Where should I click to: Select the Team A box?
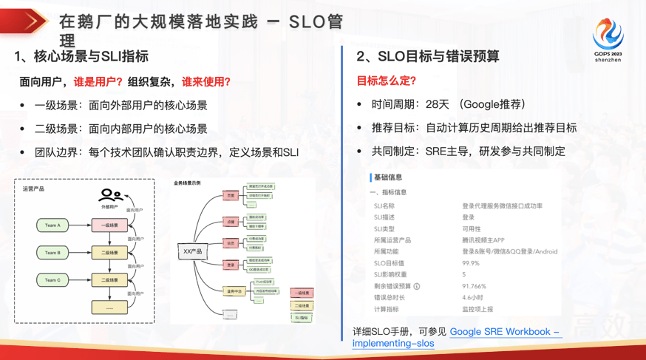[x=52, y=225]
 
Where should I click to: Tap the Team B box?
[x=52, y=253]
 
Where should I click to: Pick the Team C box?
[x=52, y=280]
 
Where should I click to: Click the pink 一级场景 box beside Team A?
[x=109, y=225]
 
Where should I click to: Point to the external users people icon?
[x=110, y=195]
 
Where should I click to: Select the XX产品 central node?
[x=192, y=252]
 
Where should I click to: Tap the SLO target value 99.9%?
[x=470, y=263]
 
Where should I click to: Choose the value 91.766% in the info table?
[x=474, y=286]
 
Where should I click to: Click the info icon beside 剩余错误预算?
[x=417, y=286]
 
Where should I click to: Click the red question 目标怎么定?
[x=387, y=81]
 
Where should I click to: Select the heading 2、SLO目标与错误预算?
[x=427, y=56]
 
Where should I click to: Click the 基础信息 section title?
[x=388, y=177]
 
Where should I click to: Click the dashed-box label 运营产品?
[x=33, y=189]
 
